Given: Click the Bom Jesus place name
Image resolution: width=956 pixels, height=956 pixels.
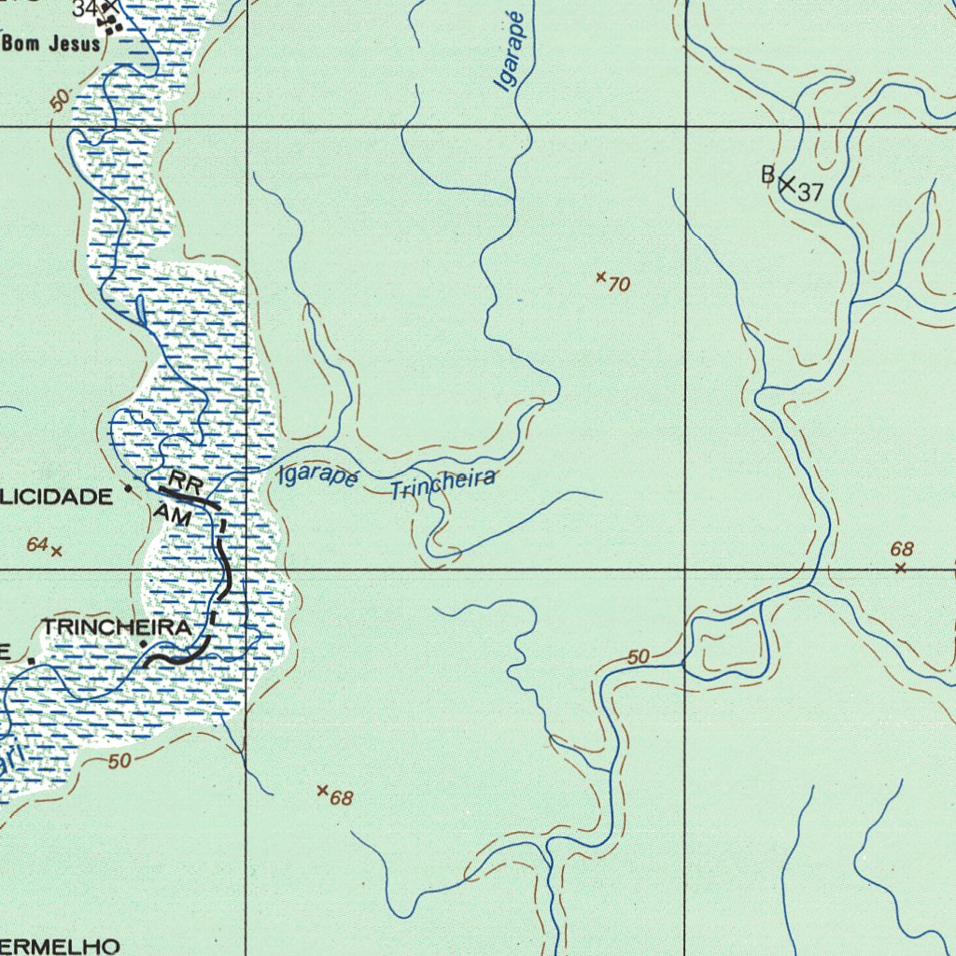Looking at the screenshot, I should [x=51, y=44].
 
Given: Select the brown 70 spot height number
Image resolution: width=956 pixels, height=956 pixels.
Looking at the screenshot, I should [x=619, y=285].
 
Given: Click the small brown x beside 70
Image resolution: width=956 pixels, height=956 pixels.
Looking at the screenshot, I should [x=601, y=276].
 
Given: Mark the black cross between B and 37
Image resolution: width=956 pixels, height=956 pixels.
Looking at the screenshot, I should [x=787, y=185].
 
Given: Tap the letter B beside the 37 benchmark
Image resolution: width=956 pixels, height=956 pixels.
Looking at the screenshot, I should [x=767, y=174].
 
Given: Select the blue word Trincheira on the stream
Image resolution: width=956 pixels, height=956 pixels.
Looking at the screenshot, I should [x=443, y=484].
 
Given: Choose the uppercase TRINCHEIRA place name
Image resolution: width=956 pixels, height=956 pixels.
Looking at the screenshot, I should [x=117, y=627].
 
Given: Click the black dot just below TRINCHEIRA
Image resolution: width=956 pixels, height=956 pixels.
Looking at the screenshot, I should [x=143, y=644].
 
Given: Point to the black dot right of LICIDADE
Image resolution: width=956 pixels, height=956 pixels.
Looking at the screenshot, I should [x=128, y=487].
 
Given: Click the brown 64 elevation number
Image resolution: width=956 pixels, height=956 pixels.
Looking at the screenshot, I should [x=37, y=544].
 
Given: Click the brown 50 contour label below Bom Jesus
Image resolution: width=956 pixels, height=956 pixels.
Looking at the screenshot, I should [x=60, y=101].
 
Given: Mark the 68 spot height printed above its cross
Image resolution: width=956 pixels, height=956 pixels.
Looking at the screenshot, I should [x=902, y=550].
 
